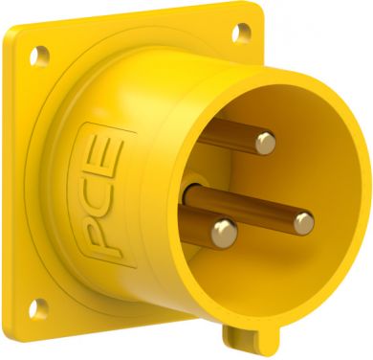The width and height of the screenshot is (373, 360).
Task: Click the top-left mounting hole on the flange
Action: (x=40, y=56)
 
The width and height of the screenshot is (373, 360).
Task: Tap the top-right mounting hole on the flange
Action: (x=241, y=33)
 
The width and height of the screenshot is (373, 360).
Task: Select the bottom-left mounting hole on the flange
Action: (x=38, y=308)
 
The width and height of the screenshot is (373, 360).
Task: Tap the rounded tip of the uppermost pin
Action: (x=266, y=144)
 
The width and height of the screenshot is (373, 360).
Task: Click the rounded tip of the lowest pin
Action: (x=225, y=233)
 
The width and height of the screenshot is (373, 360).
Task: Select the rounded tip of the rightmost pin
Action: (x=303, y=223)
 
